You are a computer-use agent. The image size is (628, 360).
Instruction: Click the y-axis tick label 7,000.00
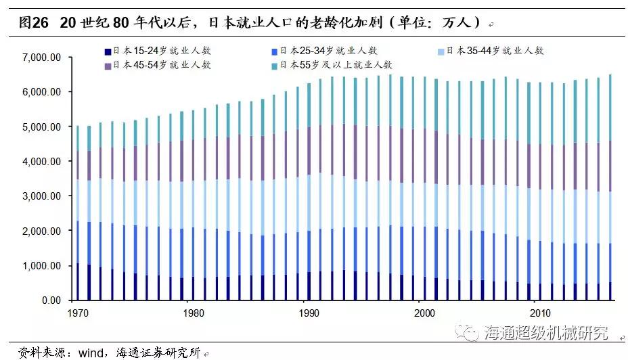click(x=42, y=58)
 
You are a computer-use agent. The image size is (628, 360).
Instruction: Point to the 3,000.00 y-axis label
click(x=42, y=196)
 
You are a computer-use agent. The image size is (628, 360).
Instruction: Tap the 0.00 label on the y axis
click(x=51, y=300)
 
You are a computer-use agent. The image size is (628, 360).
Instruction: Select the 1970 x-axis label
click(x=78, y=313)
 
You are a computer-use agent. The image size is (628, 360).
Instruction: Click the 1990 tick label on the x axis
click(x=309, y=313)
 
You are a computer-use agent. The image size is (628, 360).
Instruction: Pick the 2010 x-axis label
click(x=540, y=313)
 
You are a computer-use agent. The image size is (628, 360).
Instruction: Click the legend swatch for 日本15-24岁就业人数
click(x=108, y=51)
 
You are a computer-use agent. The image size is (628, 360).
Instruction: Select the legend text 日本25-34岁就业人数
click(x=328, y=51)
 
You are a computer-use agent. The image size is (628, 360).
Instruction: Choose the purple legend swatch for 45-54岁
click(x=108, y=66)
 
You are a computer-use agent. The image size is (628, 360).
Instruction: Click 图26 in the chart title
click(x=33, y=22)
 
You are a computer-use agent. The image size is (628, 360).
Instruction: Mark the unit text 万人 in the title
click(x=457, y=22)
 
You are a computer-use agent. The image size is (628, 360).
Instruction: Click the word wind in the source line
click(x=91, y=353)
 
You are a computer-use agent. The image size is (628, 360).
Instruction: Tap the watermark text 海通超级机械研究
click(x=546, y=333)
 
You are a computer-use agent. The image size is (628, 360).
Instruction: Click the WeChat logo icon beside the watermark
click(x=467, y=332)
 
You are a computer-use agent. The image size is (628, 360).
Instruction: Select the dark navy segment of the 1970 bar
click(x=78, y=282)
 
